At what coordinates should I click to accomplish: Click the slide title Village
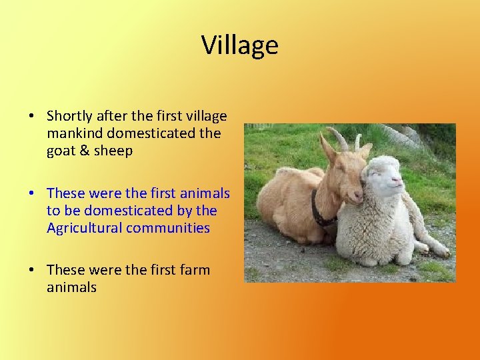pos(239,45)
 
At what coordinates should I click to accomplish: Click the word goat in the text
pos(61,151)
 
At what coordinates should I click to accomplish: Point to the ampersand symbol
pos(87,151)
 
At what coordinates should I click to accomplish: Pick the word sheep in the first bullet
pos(115,151)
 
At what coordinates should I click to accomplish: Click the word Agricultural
pos(85,228)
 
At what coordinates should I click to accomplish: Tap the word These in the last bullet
pos(65,270)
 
